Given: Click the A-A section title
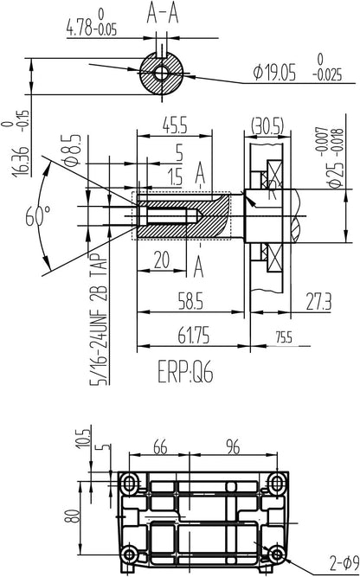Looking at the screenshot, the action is tap(163, 15).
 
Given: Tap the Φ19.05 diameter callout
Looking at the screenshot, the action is tap(274, 73).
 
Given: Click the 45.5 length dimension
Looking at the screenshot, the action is tap(175, 125).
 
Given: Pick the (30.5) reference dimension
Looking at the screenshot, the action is tap(267, 126).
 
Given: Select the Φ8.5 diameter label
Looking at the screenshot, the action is tap(71, 150).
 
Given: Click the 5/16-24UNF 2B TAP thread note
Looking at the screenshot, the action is tap(100, 318).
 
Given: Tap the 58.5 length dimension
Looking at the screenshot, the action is tap(190, 301).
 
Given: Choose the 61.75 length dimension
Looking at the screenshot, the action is tap(193, 336).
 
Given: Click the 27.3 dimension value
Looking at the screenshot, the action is tap(318, 301).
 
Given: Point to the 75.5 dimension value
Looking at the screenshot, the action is tap(284, 337).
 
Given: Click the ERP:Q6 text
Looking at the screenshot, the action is tap(185, 371).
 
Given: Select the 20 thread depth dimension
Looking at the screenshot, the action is tap(162, 260).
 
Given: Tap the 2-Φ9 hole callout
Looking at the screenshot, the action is tap(344, 562).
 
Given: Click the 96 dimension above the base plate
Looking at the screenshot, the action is tap(233, 447).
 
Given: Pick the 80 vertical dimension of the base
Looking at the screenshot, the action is tap(74, 516).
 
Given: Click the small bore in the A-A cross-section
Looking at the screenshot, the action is tap(161, 73).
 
